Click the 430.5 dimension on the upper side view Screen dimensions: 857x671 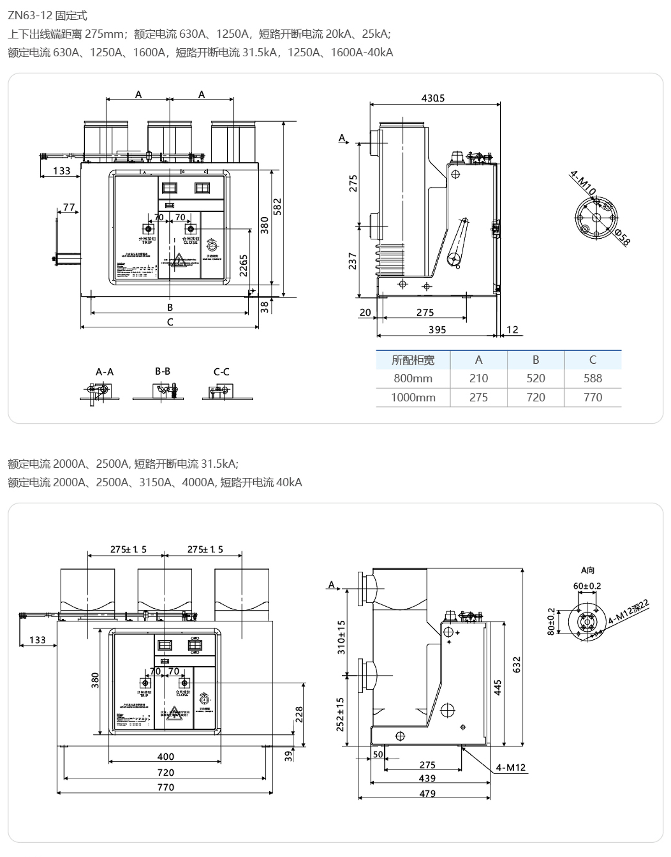[x=433, y=98]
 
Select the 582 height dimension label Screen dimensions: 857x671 [x=278, y=206]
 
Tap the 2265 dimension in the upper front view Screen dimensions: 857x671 [x=244, y=265]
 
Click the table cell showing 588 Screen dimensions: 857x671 [x=593, y=378]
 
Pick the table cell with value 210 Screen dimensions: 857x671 [x=479, y=378]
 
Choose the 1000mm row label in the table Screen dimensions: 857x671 [x=413, y=397]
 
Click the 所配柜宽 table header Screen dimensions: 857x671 [x=413, y=360]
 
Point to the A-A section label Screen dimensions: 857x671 [x=104, y=372]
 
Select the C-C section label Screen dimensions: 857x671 [x=221, y=372]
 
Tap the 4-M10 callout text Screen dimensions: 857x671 [x=583, y=183]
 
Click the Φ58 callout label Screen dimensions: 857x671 [x=622, y=237]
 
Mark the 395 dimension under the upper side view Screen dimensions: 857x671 [x=437, y=330]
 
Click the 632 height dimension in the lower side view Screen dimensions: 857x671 [x=517, y=664]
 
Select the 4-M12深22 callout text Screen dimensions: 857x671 [x=629, y=612]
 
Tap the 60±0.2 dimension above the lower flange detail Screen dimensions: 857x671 [x=587, y=586]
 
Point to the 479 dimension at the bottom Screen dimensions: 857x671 [x=427, y=794]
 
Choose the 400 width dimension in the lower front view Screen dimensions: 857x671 [x=166, y=757]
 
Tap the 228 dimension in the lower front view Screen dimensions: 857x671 [x=299, y=714]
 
